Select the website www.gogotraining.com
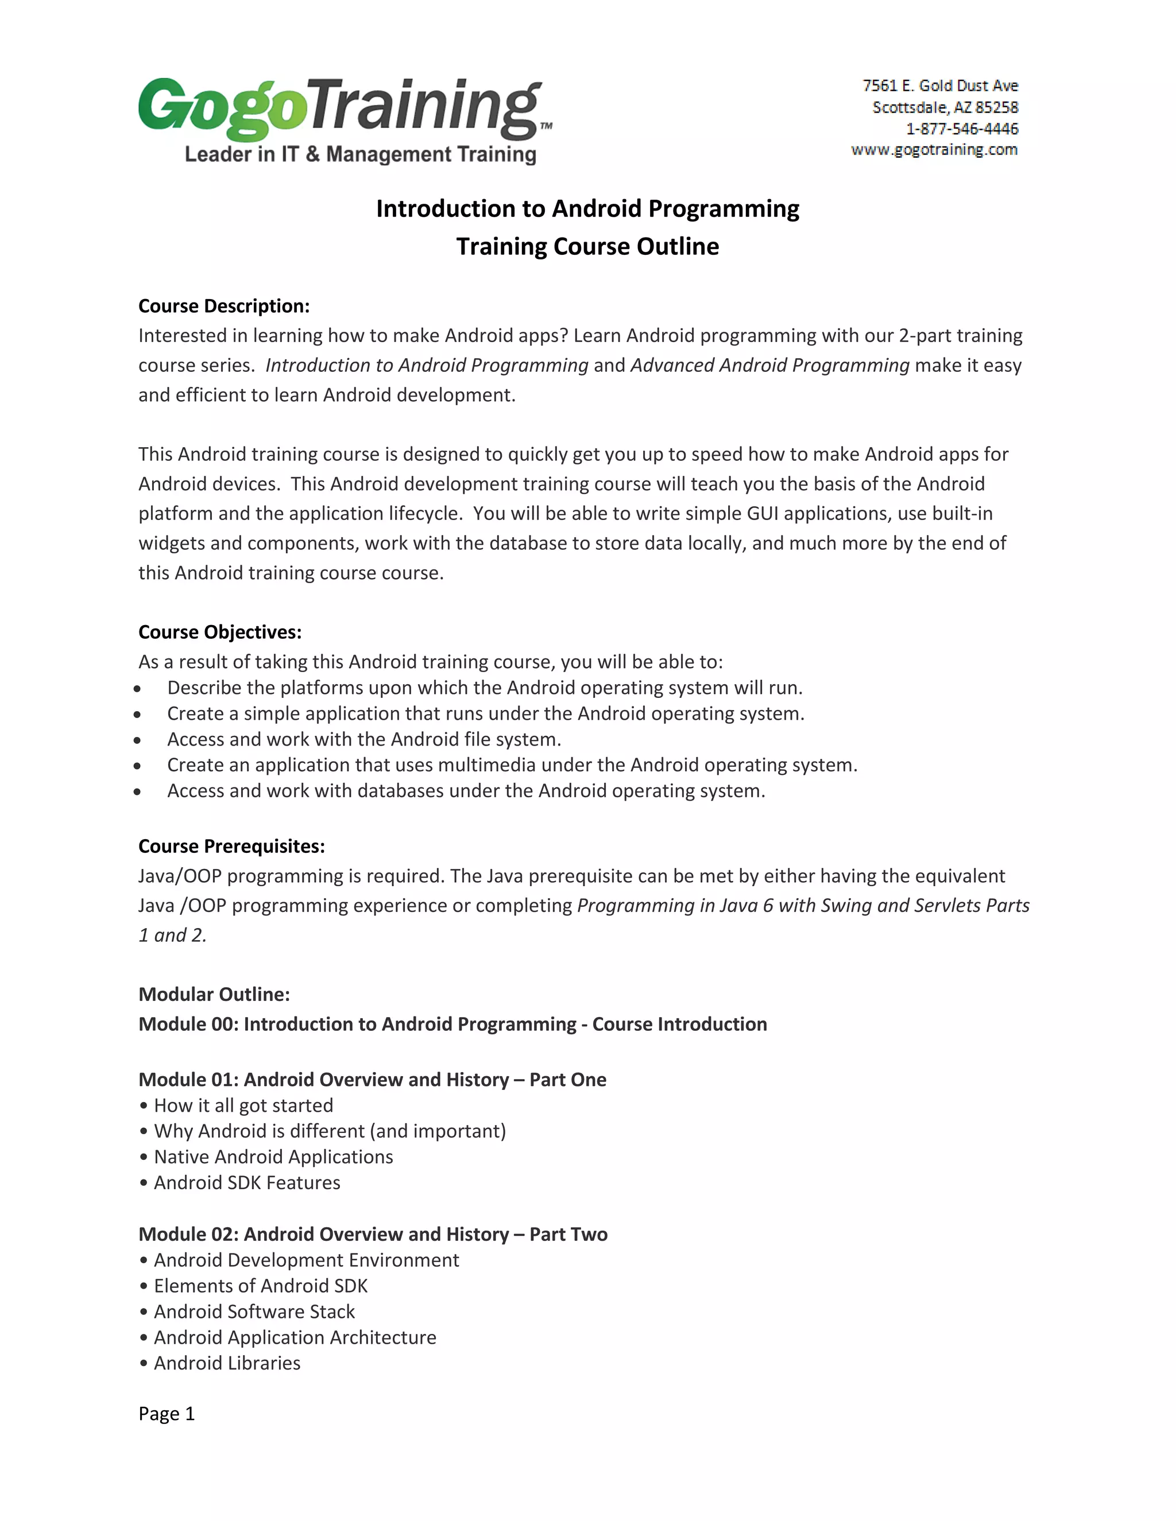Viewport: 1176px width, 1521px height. [x=934, y=150]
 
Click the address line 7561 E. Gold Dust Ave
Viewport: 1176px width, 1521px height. [x=940, y=86]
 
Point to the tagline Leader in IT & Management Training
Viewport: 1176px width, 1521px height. [x=360, y=154]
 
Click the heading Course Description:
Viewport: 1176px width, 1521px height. [x=223, y=306]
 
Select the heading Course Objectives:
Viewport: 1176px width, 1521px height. [x=219, y=633]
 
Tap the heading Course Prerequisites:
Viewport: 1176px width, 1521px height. [x=231, y=846]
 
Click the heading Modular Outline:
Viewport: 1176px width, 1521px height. [x=214, y=995]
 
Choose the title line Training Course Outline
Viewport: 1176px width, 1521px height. [x=587, y=247]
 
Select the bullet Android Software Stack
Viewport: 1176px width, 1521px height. [x=254, y=1312]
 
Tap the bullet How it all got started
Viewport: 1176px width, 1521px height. [x=243, y=1105]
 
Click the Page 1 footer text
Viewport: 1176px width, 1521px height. [x=167, y=1414]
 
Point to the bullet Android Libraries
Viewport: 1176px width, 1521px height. [x=227, y=1363]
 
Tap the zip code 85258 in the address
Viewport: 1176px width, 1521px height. [x=996, y=107]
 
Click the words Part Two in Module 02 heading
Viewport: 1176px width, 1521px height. [x=568, y=1234]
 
